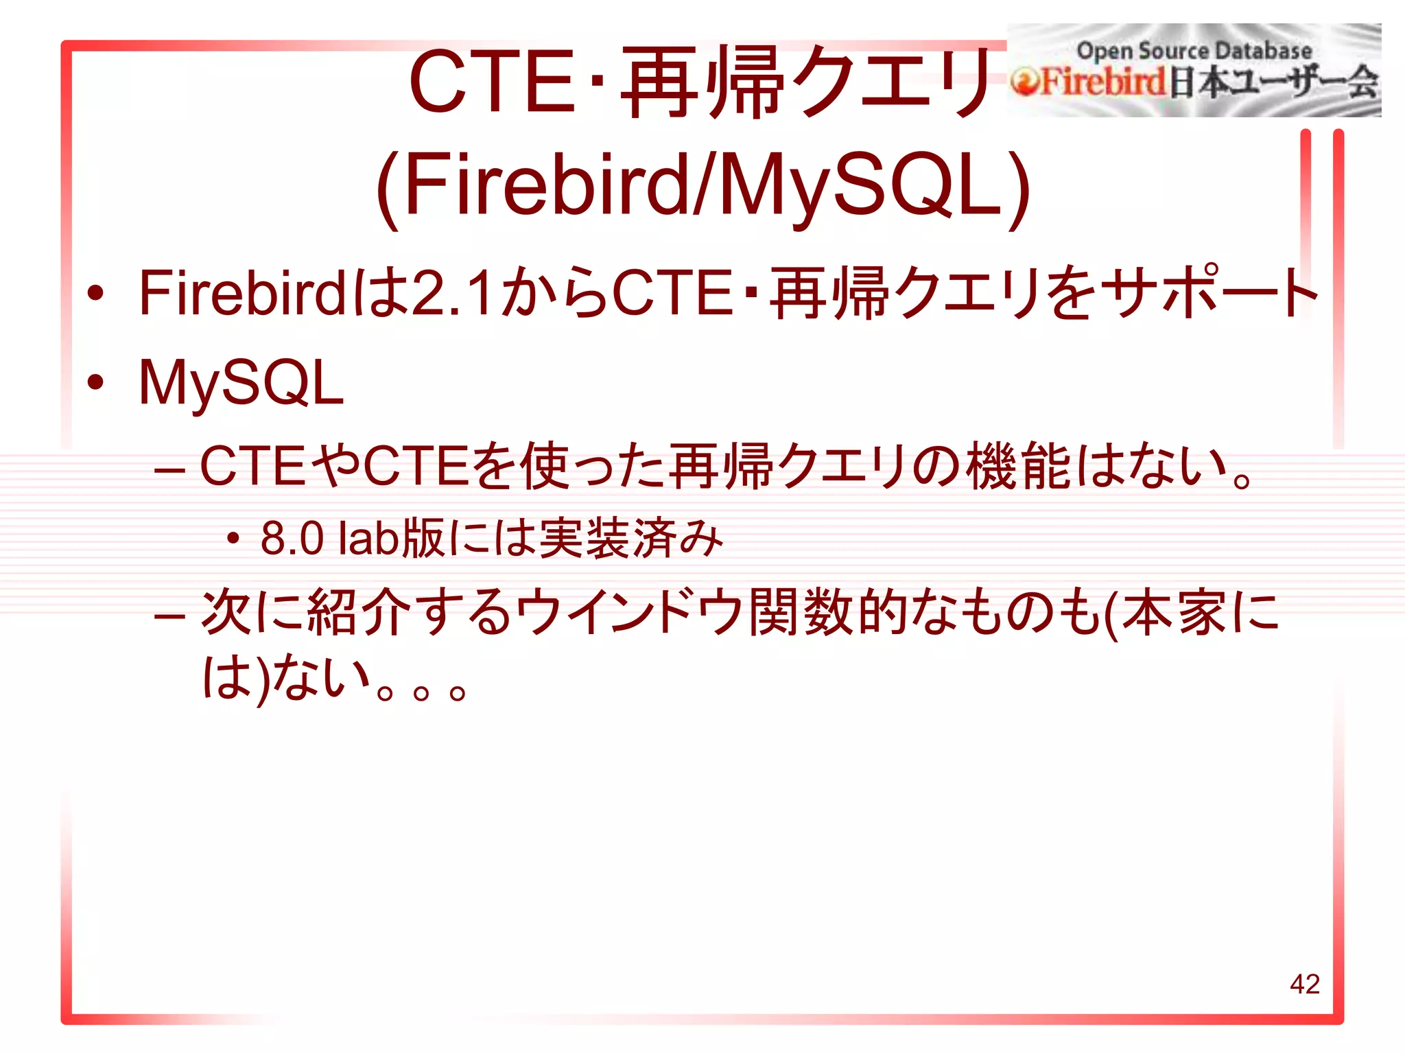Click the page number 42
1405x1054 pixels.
[x=1304, y=984]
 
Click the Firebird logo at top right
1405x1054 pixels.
[x=1194, y=71]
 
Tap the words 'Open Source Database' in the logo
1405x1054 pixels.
[x=1194, y=51]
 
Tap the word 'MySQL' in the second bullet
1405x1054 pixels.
[x=241, y=383]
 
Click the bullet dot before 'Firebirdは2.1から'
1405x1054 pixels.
[x=95, y=294]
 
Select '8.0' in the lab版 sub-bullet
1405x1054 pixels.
[x=292, y=539]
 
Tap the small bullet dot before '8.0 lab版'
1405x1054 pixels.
[x=233, y=539]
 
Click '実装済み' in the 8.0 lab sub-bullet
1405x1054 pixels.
[x=631, y=539]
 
